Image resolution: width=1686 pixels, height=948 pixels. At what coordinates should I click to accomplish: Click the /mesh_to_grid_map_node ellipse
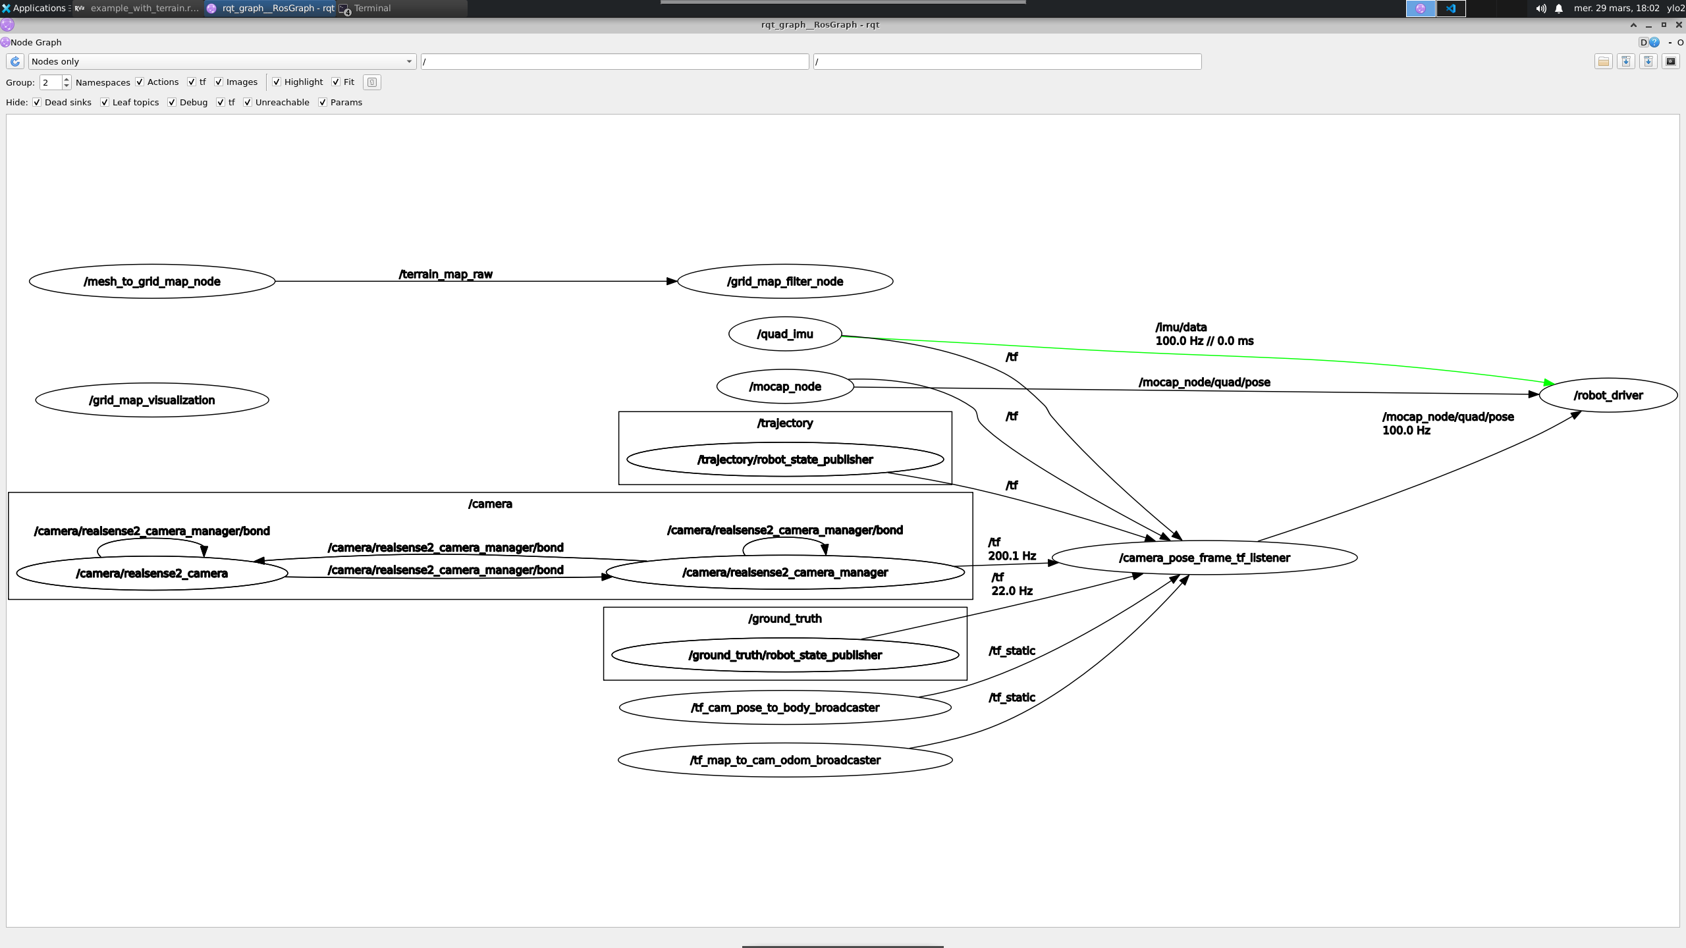(x=152, y=282)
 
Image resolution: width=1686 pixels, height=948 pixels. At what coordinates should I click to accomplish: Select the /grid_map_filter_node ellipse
(x=785, y=282)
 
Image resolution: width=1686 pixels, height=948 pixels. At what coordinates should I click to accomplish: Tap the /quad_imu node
(x=785, y=334)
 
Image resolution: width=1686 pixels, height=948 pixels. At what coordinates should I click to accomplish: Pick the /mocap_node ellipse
(x=785, y=387)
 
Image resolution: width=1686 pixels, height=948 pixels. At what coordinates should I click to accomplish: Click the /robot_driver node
(x=1608, y=396)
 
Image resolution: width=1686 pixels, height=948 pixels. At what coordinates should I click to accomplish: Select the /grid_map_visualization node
(x=152, y=400)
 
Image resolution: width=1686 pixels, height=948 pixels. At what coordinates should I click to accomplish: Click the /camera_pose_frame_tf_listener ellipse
(x=1204, y=558)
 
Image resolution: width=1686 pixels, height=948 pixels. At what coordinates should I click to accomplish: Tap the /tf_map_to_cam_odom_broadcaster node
(x=785, y=760)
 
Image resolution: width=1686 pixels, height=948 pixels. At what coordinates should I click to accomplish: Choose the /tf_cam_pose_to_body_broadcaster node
(x=785, y=708)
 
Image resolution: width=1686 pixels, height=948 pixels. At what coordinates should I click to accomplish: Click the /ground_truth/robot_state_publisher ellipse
(x=785, y=655)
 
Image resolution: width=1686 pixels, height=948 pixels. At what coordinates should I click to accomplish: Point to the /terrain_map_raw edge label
(x=446, y=275)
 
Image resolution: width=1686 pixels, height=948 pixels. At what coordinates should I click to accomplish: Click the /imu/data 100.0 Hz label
(x=1204, y=334)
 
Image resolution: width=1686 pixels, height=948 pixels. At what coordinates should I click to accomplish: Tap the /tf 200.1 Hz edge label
(x=1012, y=549)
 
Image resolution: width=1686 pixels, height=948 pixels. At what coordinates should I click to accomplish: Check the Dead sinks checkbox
(x=38, y=103)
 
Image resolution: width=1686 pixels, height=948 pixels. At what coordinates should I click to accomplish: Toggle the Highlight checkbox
(x=277, y=82)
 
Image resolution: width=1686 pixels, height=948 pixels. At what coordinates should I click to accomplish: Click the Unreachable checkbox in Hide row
(x=248, y=103)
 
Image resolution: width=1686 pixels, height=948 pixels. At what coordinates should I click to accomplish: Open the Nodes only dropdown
(x=222, y=62)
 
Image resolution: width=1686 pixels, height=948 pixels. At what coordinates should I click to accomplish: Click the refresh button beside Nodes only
(x=15, y=62)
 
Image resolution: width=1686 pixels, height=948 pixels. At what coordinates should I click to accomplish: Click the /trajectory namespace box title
(x=785, y=423)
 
